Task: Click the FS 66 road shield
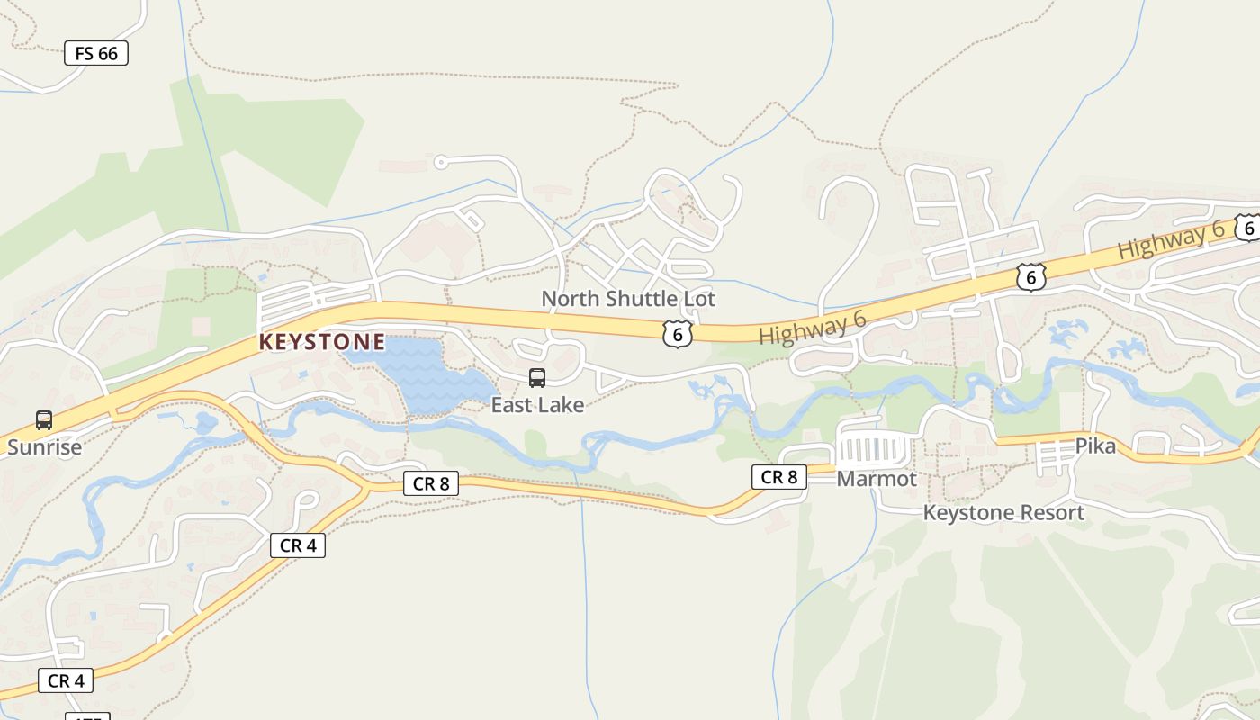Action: [x=96, y=53]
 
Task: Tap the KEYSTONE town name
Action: [x=322, y=342]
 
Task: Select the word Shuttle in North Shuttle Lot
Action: [x=634, y=298]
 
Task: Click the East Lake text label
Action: [x=537, y=405]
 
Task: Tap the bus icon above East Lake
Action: [x=537, y=378]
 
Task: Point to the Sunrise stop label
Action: [x=44, y=447]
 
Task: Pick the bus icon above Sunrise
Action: [x=44, y=419]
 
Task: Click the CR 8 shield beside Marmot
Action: [x=778, y=477]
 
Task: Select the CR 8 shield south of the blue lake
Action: [x=430, y=483]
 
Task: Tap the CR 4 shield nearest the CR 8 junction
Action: [x=297, y=544]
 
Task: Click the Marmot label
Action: [x=877, y=479]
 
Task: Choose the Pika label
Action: [x=1095, y=446]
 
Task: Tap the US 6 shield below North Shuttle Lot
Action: [x=678, y=335]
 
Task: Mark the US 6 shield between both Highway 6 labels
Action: [x=1030, y=277]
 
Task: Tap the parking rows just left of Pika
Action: [x=1052, y=454]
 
